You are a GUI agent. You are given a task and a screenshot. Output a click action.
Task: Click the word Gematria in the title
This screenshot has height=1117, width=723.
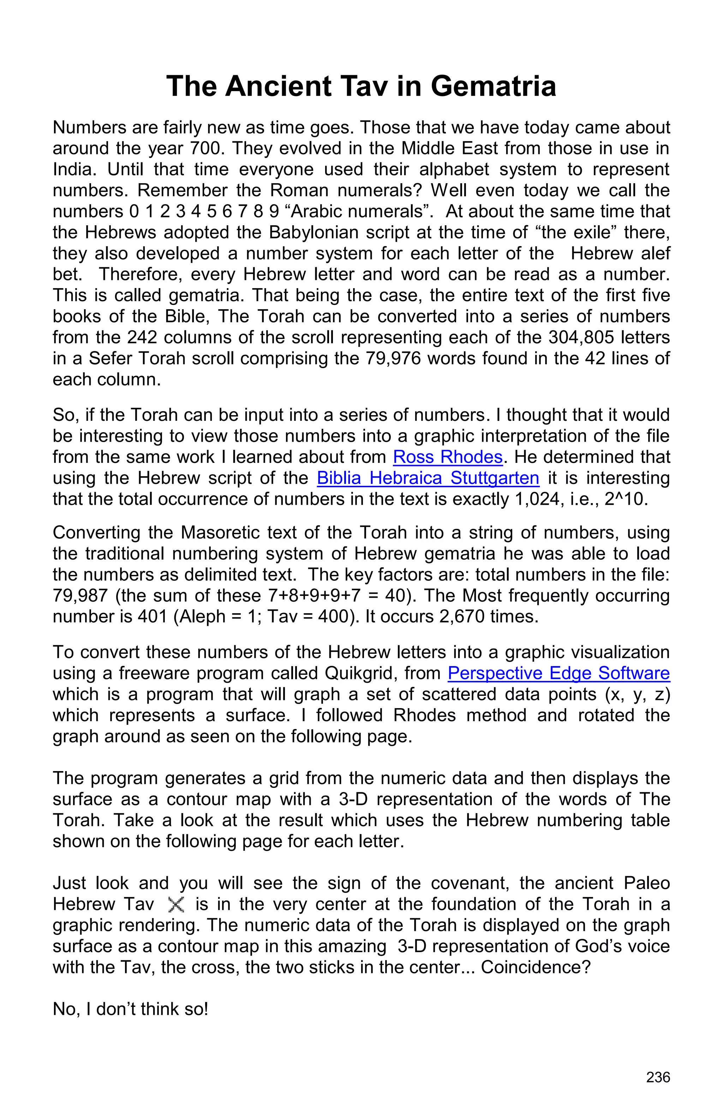coord(493,86)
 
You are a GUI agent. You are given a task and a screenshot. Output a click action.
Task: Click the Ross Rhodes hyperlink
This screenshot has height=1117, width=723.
coord(448,457)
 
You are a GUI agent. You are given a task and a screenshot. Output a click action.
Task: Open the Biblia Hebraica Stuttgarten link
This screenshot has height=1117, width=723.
coord(428,478)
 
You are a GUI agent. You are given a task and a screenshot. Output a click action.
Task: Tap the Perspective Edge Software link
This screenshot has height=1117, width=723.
coord(558,673)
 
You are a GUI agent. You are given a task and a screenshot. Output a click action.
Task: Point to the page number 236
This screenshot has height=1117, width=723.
coord(658,1077)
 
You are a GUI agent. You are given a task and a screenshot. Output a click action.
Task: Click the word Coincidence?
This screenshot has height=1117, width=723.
coord(535,967)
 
